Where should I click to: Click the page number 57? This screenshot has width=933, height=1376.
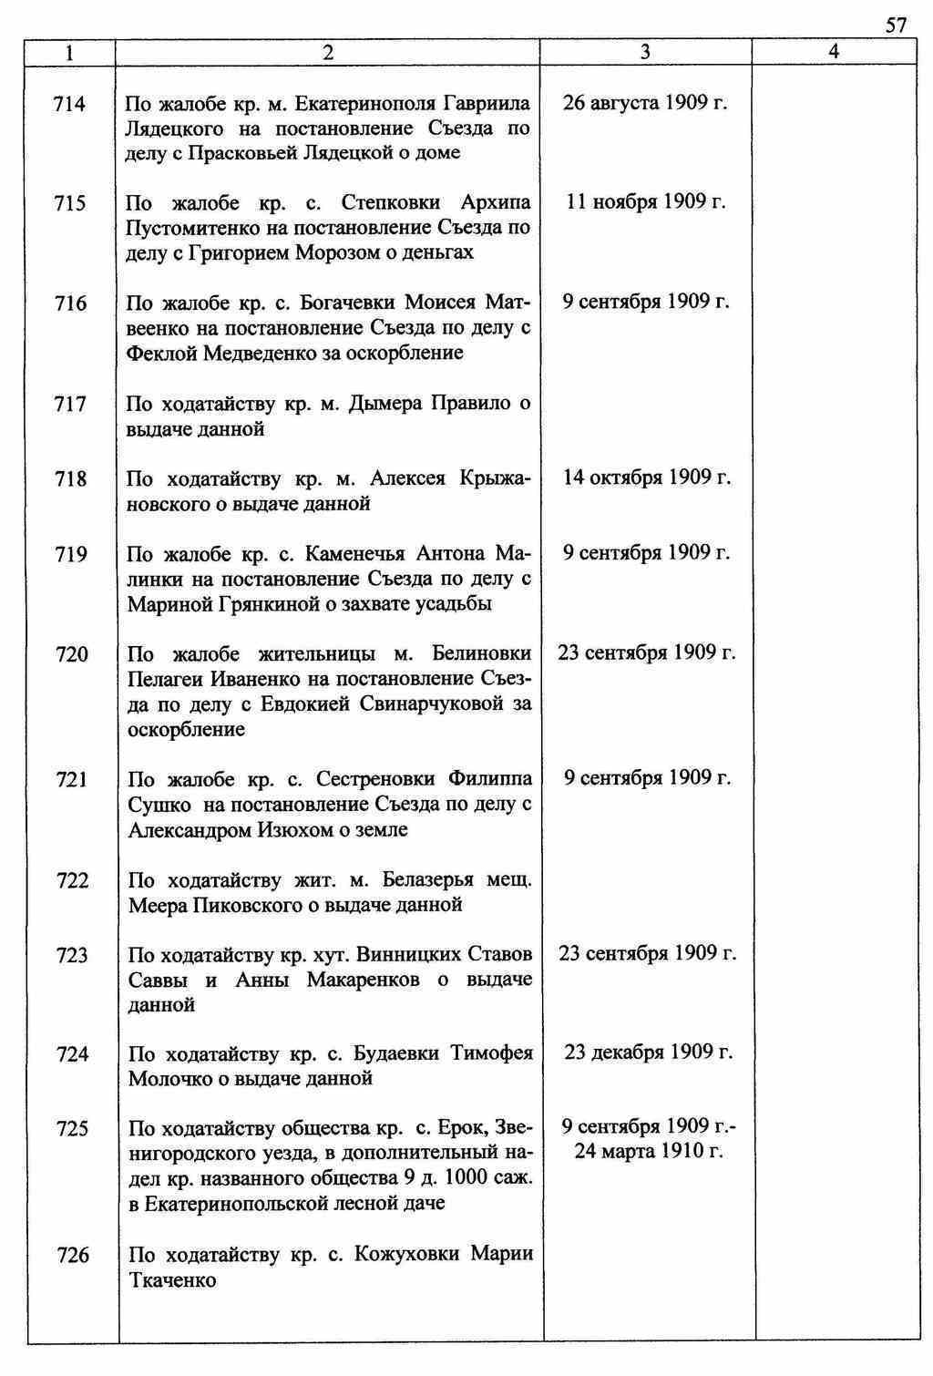coord(896,25)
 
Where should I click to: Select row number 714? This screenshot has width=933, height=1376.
coord(70,104)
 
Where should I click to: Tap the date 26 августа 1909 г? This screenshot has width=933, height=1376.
coord(645,102)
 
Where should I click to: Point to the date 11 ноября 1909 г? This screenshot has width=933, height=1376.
coord(645,201)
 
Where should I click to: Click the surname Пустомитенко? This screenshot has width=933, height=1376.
coord(192,227)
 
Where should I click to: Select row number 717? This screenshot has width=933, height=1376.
coord(70,404)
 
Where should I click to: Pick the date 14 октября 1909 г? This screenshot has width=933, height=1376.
coord(646,477)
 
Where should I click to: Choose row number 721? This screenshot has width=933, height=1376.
coord(71,779)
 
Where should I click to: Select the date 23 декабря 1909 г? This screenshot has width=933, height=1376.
coord(648,1053)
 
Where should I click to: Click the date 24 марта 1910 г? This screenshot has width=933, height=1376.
coord(648,1151)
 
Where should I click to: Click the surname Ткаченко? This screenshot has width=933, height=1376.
coord(172,1280)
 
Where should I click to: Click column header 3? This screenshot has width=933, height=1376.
coord(645,53)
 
